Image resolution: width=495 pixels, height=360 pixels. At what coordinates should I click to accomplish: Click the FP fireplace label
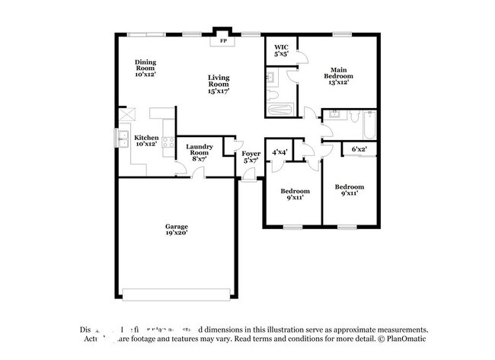223,41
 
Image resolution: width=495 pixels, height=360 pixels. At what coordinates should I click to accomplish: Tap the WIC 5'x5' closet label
280,51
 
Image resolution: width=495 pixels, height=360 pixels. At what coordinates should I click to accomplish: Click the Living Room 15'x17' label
219,83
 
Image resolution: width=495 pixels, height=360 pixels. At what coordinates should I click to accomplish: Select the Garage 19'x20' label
177,230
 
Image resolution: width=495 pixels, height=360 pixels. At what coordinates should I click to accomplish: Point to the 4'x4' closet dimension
279,152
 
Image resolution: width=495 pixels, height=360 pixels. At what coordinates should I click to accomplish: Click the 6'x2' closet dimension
359,149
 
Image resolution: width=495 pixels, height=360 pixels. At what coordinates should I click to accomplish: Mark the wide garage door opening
177,295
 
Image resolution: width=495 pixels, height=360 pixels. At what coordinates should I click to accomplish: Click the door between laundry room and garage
197,173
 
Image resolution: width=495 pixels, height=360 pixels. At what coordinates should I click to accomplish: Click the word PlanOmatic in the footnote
409,338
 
